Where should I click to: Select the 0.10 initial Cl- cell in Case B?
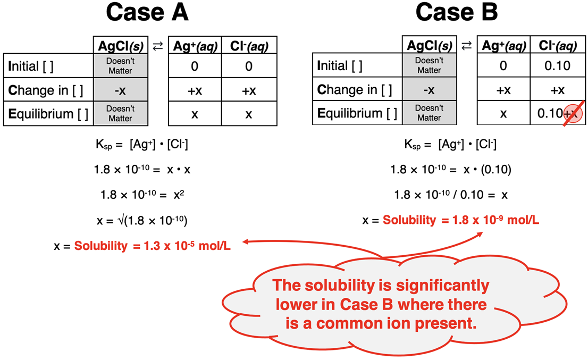(557, 66)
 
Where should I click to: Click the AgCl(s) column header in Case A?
(120, 47)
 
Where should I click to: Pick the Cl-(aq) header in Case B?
(557, 47)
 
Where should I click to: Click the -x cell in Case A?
(120, 90)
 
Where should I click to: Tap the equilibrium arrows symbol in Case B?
(466, 46)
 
